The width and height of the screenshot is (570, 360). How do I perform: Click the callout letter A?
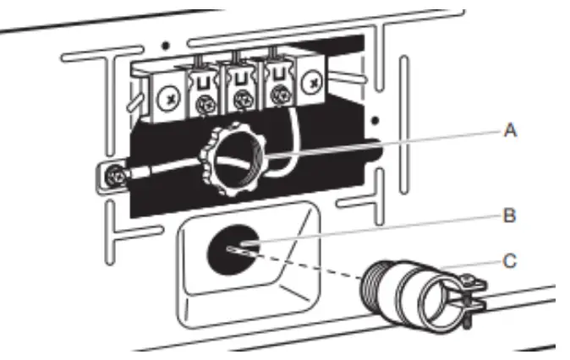click(511, 131)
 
